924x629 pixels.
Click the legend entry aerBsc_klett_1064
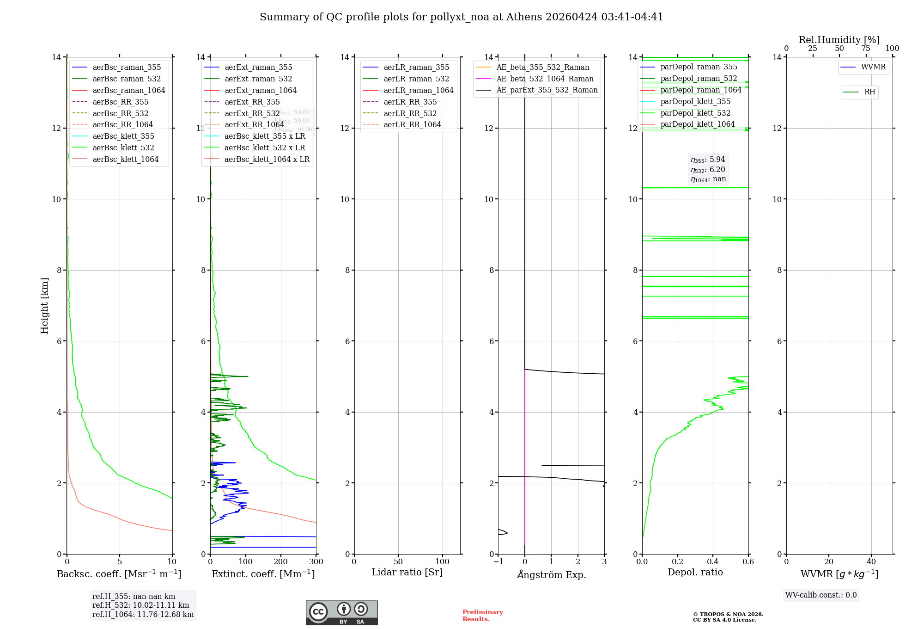[x=125, y=159]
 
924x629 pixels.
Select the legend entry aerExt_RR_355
[x=252, y=102]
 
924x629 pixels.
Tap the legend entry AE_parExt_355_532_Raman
[x=547, y=90]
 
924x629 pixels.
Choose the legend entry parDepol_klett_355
[x=695, y=101]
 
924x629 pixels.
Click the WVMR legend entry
[x=873, y=67]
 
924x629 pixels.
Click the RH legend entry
[x=869, y=92]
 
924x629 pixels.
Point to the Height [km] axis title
[x=44, y=305]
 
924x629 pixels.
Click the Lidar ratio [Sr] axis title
[x=407, y=572]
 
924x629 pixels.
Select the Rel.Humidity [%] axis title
[x=839, y=40]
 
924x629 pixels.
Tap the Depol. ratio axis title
[x=695, y=572]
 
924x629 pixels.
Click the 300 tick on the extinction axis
[x=316, y=562]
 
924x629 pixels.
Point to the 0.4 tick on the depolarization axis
[x=713, y=562]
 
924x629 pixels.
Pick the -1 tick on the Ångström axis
[x=498, y=562]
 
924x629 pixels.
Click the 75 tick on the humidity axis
[x=866, y=49]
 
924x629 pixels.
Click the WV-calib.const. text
[x=821, y=595]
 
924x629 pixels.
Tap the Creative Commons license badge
[x=341, y=612]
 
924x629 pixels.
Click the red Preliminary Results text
[x=482, y=616]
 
